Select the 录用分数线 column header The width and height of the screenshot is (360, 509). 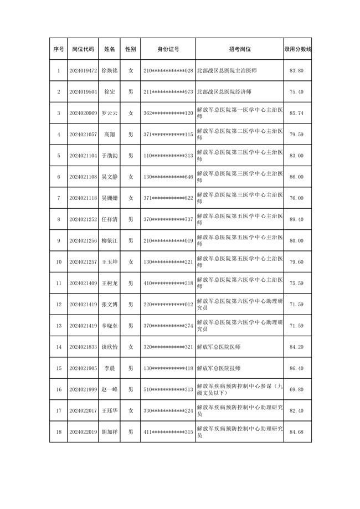point(297,49)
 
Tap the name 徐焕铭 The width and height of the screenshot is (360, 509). point(110,71)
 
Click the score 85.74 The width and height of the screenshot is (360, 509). point(297,113)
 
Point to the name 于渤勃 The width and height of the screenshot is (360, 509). point(110,156)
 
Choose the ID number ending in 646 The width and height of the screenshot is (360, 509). point(168,177)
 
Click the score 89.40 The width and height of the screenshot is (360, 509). point(297,219)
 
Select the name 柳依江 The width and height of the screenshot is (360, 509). point(110,240)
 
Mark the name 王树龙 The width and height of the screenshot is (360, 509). point(110,283)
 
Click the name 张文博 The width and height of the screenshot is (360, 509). point(110,304)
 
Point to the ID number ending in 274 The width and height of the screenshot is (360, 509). point(168,326)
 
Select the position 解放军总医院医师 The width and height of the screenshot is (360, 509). point(219,347)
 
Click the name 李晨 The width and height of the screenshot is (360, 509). point(110,368)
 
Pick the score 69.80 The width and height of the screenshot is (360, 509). point(297,389)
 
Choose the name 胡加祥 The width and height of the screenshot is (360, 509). point(110,431)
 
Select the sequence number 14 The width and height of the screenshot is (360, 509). point(59,347)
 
